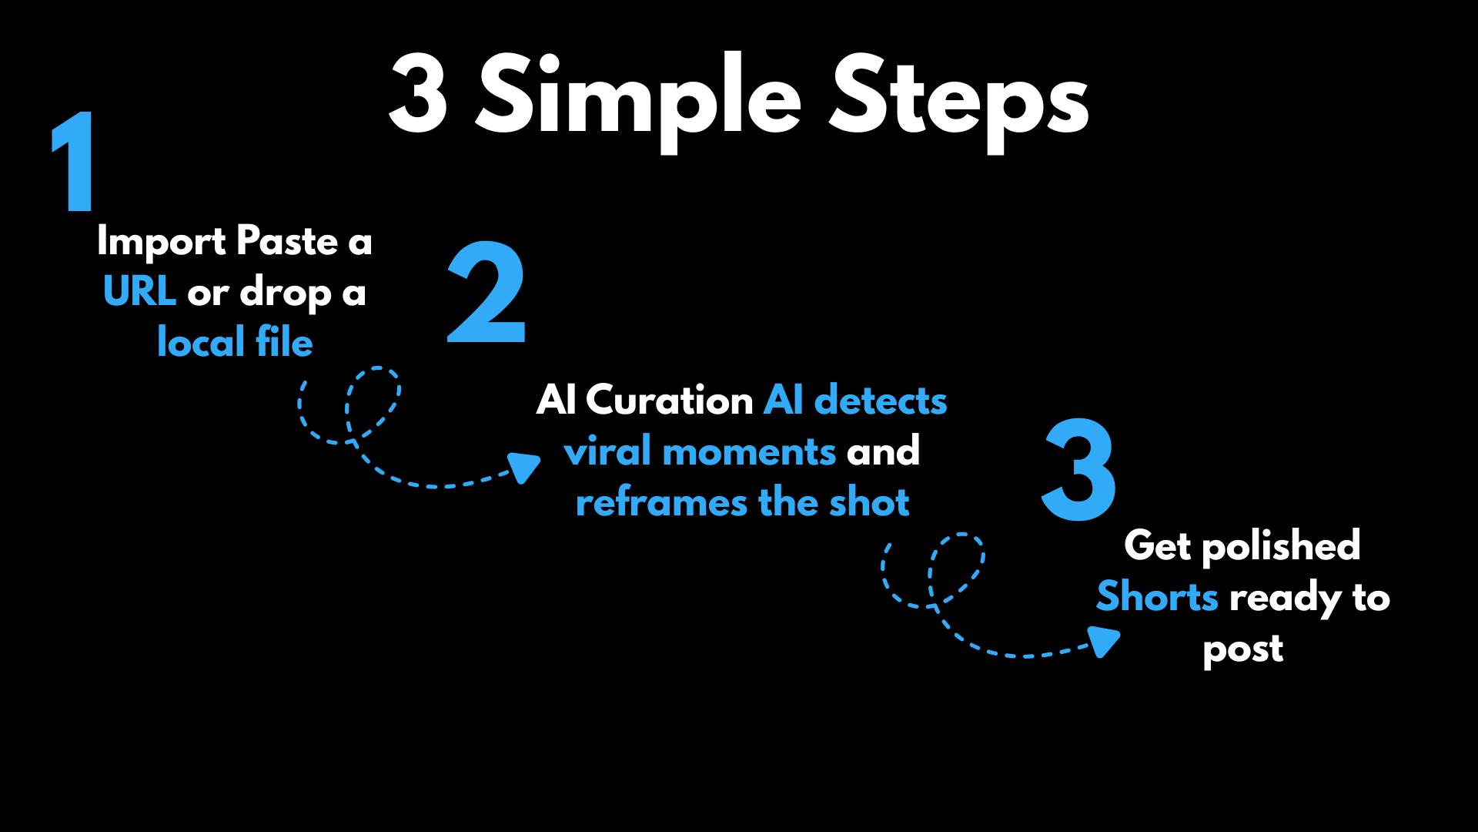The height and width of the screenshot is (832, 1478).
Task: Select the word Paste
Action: point(287,241)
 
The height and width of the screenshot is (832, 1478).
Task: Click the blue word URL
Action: point(139,291)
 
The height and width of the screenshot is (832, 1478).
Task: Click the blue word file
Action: point(284,341)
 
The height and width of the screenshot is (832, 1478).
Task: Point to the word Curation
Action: point(669,400)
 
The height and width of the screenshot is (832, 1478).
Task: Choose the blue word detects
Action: point(881,400)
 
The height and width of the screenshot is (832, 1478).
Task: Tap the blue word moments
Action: point(748,451)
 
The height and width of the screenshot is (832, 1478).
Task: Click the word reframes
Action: point(661,502)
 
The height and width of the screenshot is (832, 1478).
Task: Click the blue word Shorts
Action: point(1157,597)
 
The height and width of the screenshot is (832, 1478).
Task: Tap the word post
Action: point(1243,649)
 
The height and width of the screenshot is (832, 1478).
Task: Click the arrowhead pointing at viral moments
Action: point(525,467)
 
